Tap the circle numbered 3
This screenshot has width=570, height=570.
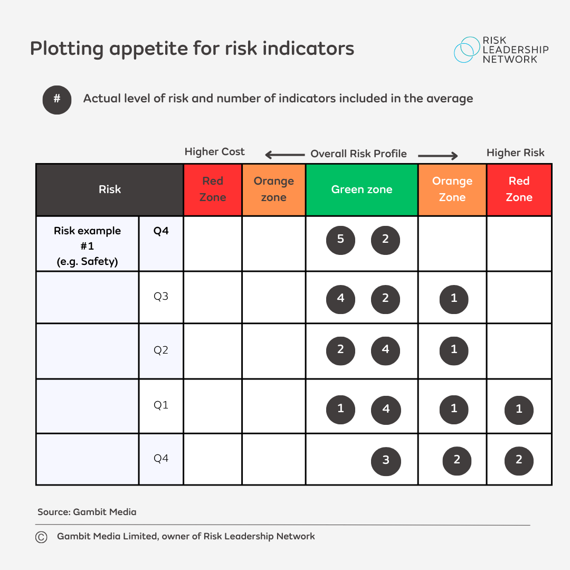click(386, 461)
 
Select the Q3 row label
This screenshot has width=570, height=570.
click(161, 297)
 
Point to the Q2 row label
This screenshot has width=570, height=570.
click(161, 350)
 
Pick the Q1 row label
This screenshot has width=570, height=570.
click(161, 405)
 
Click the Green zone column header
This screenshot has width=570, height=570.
click(362, 189)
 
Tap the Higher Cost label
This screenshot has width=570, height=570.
click(214, 152)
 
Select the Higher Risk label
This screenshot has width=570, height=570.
click(515, 153)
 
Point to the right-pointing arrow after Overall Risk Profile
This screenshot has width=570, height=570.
click(438, 155)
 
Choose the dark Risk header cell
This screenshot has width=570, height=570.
click(110, 189)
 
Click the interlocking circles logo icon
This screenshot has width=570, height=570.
click(466, 50)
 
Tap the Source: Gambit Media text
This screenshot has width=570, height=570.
click(87, 512)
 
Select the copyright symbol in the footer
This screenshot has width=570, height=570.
click(41, 537)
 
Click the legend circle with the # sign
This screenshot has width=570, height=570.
click(57, 100)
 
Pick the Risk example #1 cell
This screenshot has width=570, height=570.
click(88, 245)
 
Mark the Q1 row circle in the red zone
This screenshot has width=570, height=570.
click(519, 410)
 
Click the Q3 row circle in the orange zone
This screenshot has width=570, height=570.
click(454, 299)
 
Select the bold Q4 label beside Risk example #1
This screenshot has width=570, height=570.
click(161, 231)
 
